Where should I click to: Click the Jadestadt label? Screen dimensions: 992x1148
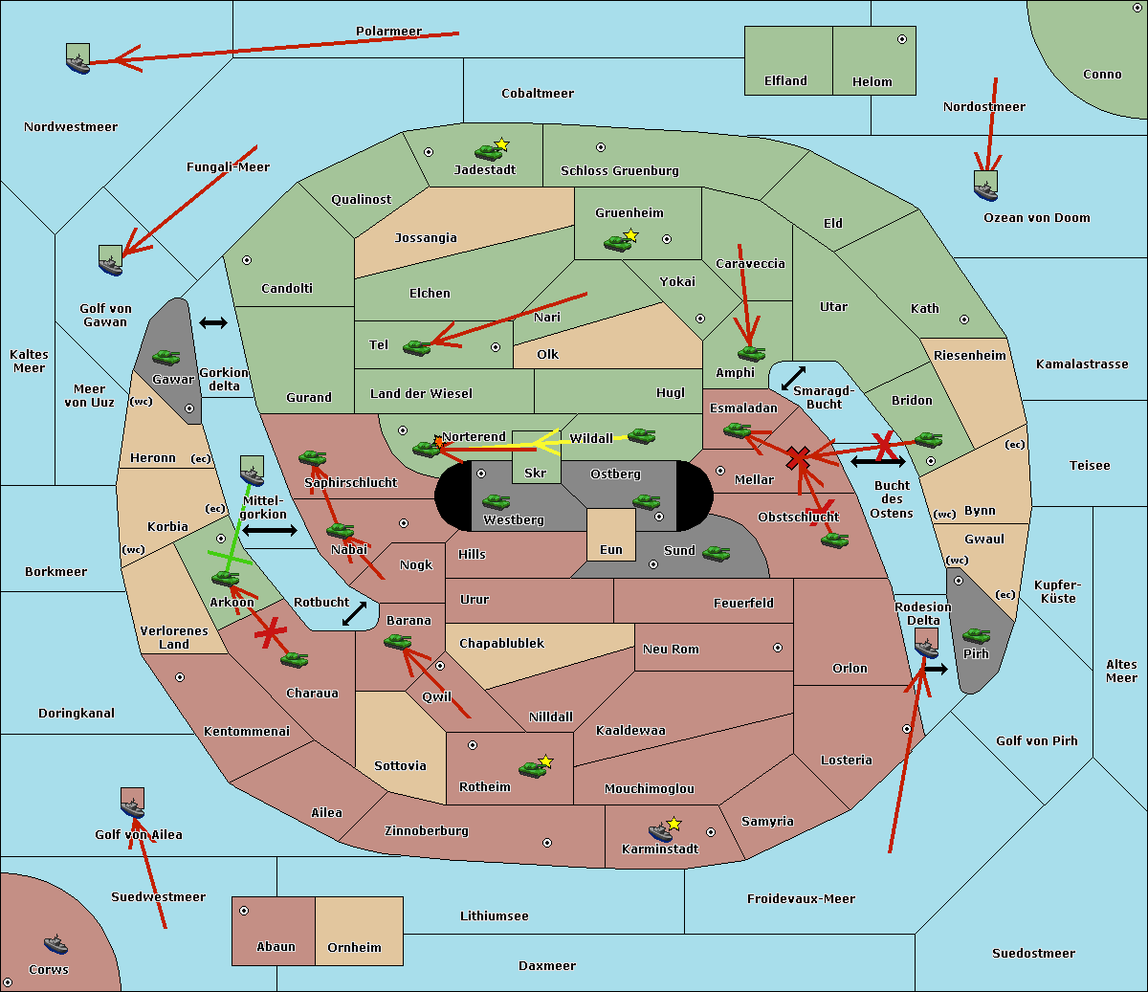click(484, 170)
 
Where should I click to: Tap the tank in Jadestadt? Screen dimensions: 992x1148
click(489, 151)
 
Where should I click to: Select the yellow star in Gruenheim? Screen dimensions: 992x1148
click(630, 235)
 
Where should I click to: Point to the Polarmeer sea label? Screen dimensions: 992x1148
click(388, 32)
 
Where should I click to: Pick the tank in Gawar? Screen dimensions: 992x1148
click(166, 357)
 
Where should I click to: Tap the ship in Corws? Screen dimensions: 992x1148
click(55, 945)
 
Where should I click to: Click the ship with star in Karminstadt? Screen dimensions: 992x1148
click(660, 830)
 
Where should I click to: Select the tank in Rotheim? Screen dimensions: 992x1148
click(532, 768)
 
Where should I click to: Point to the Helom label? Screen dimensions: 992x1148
click(872, 82)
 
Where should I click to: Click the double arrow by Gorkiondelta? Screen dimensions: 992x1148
click(212, 323)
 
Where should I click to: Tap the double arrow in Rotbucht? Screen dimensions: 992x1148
click(355, 613)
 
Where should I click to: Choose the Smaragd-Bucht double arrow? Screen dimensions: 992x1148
click(793, 379)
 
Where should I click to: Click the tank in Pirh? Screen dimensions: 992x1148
click(976, 636)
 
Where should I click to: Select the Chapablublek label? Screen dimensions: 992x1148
click(501, 644)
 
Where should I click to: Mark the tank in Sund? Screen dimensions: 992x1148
click(716, 553)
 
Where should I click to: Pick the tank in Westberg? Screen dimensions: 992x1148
click(496, 501)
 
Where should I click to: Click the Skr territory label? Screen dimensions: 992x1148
click(535, 474)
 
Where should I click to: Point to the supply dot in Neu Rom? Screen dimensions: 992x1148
click(778, 648)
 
